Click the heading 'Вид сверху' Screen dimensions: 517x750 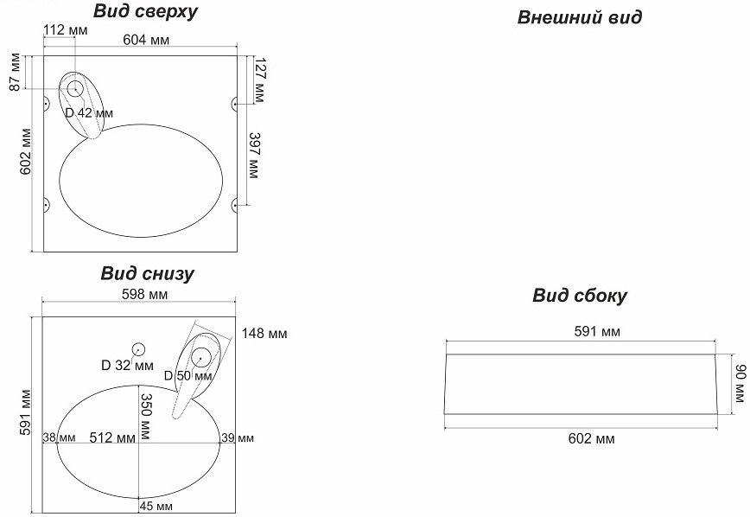[x=146, y=12]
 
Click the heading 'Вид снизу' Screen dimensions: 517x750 [x=147, y=274]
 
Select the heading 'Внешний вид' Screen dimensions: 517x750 [x=580, y=17]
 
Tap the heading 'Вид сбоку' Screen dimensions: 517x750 [x=580, y=297]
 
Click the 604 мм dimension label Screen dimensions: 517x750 [x=146, y=41]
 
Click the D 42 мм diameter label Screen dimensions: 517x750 [x=89, y=113]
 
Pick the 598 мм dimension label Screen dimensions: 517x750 [x=144, y=295]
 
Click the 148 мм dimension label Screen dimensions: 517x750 [x=264, y=333]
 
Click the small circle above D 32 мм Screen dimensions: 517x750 [x=137, y=348]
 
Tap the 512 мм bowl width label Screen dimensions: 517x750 [x=112, y=438]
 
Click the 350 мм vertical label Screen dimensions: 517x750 [x=146, y=416]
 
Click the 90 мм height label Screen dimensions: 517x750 [x=738, y=381]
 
